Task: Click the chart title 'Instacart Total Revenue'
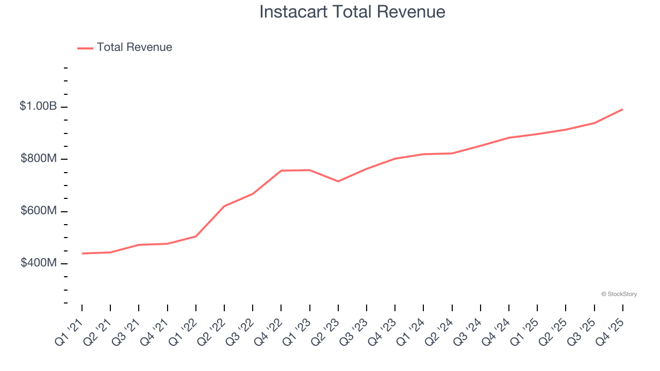(x=352, y=12)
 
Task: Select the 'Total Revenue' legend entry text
(x=134, y=47)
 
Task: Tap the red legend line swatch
(x=85, y=48)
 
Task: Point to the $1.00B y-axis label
(x=38, y=106)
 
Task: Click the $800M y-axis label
(x=38, y=159)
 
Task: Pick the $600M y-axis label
(x=38, y=211)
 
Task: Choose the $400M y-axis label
(x=38, y=263)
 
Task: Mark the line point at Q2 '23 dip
(x=338, y=181)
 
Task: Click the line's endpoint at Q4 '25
(x=622, y=109)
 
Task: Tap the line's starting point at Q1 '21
(x=82, y=254)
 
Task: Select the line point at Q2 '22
(x=224, y=206)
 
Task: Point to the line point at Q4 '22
(x=281, y=171)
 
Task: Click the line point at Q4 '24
(x=509, y=138)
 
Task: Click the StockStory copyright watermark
(x=619, y=294)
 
